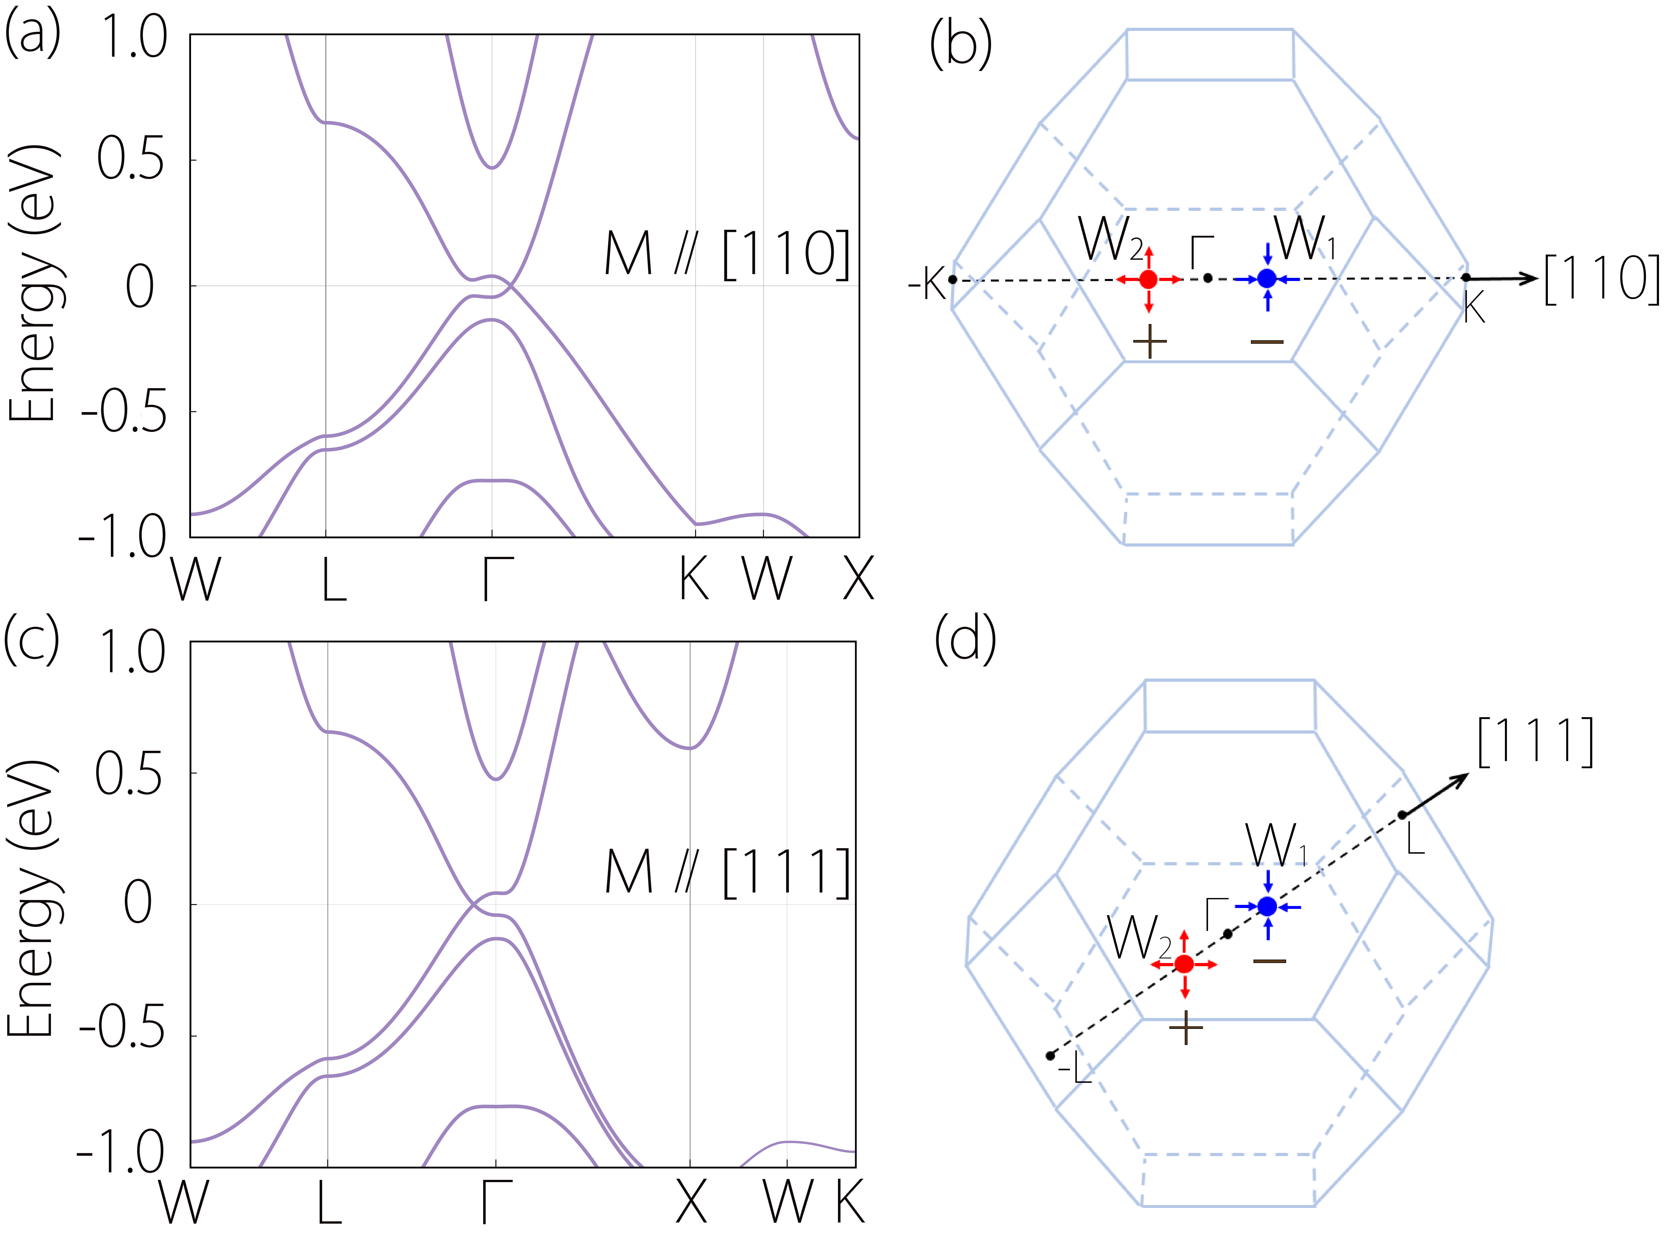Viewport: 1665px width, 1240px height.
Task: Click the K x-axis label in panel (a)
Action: pos(694,579)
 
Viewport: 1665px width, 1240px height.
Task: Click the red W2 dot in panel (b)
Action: pos(1148,279)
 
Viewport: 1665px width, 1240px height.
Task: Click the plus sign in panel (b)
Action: pos(1150,342)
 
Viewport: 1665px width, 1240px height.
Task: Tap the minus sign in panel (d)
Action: pos(1270,961)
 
